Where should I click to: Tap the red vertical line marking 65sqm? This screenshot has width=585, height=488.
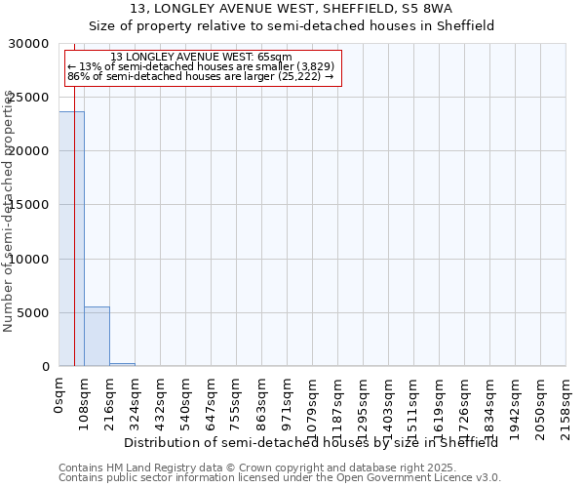point(74,244)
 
